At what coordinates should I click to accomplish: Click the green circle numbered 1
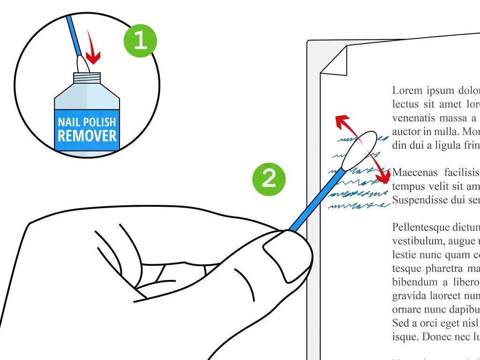pos(140,41)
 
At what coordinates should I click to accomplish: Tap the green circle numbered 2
pos(269,178)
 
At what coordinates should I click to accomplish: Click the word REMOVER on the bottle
pos(87,136)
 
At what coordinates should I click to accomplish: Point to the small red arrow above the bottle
pos(93,53)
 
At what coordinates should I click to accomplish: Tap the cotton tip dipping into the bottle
pos(81,64)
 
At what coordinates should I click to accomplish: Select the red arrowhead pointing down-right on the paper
pos(384,177)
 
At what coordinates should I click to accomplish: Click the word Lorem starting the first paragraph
pos(407,90)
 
